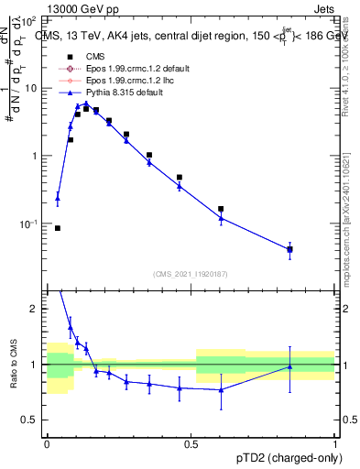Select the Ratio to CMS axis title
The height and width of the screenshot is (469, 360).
point(12,365)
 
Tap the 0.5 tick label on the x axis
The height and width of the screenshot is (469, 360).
point(191,442)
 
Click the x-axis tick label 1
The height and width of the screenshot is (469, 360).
point(334,442)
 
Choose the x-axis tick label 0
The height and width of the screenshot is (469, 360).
point(47,442)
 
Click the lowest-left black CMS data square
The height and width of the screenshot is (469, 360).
point(58,228)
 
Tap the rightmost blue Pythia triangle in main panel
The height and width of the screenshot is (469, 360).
point(289,248)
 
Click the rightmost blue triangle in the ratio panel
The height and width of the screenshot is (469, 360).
point(289,366)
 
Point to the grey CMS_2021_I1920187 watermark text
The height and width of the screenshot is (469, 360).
point(190,273)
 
